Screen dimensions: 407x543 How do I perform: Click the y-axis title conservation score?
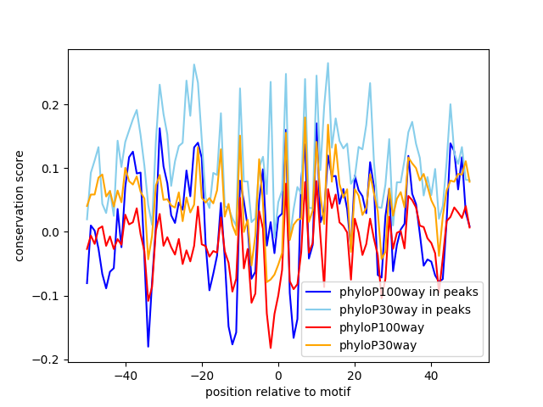20,205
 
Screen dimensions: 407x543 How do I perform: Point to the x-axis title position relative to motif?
277,392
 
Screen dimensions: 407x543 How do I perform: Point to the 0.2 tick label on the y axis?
52,105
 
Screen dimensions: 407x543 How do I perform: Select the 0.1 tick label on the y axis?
52,169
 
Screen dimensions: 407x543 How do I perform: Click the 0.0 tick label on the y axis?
52,232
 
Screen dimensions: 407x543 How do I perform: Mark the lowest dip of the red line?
271,348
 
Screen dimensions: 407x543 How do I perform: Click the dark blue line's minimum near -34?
148,346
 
